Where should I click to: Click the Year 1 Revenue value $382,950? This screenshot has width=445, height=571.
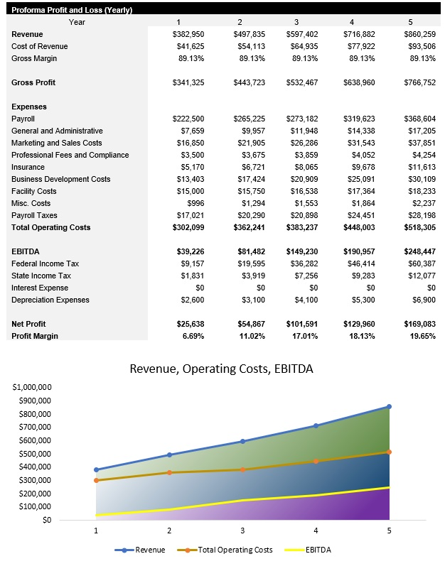coord(188,34)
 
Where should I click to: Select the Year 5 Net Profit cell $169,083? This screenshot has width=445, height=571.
coord(419,324)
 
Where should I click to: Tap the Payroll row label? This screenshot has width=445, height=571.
coord(23,119)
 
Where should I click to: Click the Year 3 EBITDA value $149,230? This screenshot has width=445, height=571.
coord(302,251)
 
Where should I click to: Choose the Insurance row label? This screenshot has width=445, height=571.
coord(28,167)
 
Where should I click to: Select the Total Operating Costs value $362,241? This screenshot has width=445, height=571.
coord(249,227)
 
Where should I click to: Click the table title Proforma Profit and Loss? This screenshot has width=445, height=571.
coord(66,10)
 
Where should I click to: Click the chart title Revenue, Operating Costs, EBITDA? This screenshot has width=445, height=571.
coord(221,369)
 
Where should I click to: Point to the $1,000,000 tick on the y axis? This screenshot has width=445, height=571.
coord(32,388)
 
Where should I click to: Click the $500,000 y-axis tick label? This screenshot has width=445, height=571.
coord(34,454)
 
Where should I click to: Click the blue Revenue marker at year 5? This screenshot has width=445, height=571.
coord(389,407)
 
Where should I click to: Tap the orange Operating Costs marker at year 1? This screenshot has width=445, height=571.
coord(96,481)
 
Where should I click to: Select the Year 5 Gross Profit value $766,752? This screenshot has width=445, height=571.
coord(419,82)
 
